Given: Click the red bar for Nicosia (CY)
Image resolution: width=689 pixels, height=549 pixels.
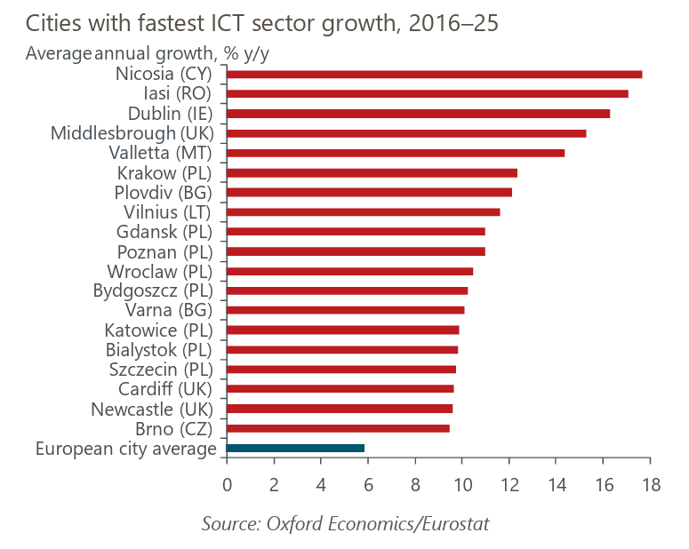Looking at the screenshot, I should click(x=434, y=74).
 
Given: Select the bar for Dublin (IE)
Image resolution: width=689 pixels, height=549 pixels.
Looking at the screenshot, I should click(x=418, y=113).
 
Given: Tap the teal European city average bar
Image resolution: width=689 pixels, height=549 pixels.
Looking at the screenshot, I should click(x=295, y=448).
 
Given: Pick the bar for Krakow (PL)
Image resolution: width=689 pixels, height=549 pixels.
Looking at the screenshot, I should click(x=372, y=172).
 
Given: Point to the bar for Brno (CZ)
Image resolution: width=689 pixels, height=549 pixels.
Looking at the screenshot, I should click(x=338, y=428).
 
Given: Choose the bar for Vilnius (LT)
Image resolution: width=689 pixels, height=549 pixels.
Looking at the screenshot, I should click(x=363, y=211).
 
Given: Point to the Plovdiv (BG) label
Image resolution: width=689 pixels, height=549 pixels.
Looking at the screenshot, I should click(x=167, y=192).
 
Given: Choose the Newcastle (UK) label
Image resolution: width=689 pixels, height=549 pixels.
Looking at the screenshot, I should click(x=155, y=409).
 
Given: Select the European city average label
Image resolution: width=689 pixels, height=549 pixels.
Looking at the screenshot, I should click(x=126, y=449).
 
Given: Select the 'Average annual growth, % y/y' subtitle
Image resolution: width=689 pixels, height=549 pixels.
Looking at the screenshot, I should click(x=148, y=52).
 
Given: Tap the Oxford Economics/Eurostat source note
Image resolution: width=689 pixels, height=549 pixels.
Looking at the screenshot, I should click(x=345, y=524).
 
